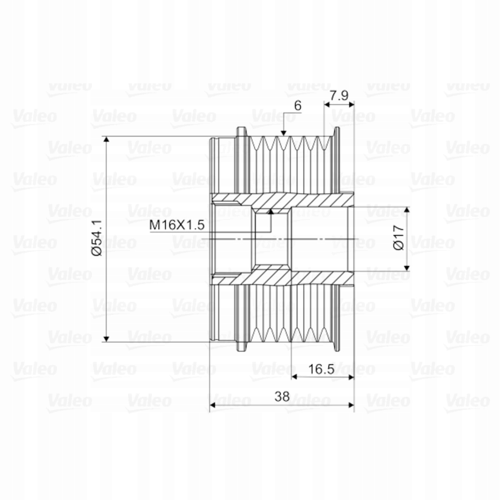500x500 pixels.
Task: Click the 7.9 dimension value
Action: [339, 96]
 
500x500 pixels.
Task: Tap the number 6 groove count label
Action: [298, 106]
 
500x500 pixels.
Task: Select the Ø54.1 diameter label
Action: [98, 238]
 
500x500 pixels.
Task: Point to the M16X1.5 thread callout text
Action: [177, 225]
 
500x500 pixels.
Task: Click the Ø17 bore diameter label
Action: [399, 237]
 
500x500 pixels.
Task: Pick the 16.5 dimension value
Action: [322, 370]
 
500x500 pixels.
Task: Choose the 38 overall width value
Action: [282, 396]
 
